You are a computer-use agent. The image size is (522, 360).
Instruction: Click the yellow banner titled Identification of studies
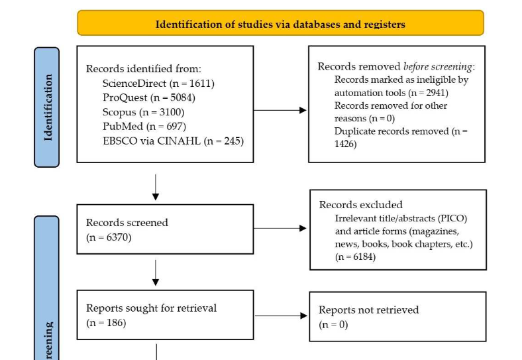(x=280, y=24)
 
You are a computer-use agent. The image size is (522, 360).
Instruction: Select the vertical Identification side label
(x=47, y=107)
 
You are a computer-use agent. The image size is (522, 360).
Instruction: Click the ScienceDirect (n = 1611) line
(x=158, y=84)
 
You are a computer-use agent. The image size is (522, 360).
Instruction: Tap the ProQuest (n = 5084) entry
(x=148, y=97)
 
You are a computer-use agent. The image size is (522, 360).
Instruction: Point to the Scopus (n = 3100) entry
(x=144, y=111)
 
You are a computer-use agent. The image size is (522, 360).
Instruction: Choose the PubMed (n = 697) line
(x=144, y=126)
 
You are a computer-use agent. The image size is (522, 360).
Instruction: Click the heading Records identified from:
(x=144, y=69)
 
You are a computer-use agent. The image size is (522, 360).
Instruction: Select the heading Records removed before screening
(x=396, y=66)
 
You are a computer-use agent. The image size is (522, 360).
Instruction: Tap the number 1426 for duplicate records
(x=345, y=144)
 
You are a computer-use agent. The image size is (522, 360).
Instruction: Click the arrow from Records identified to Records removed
(x=280, y=111)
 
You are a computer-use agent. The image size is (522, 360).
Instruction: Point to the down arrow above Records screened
(x=156, y=188)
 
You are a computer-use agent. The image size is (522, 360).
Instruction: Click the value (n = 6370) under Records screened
(x=109, y=237)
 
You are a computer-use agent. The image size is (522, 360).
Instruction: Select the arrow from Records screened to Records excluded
(x=280, y=229)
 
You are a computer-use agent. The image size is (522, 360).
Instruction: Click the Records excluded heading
(x=360, y=205)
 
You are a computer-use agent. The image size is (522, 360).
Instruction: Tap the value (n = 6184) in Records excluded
(x=355, y=257)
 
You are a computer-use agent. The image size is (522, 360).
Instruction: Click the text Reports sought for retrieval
(x=151, y=308)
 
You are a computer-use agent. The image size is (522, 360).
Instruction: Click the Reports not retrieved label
(x=368, y=310)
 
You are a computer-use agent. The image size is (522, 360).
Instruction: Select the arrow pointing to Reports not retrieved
(x=280, y=316)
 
